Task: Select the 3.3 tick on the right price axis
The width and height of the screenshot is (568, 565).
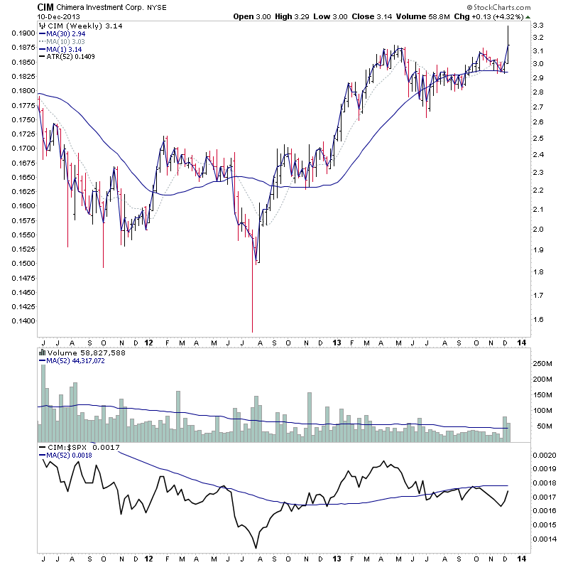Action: pos(537,26)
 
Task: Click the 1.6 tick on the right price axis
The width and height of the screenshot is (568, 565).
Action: pos(537,320)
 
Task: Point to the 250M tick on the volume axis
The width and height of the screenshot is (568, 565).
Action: pos(543,364)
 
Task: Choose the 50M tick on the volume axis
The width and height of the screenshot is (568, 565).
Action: pos(543,426)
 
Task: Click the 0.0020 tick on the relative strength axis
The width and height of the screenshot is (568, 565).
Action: pos(545,454)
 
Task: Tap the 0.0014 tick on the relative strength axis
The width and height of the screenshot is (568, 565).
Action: pos(545,539)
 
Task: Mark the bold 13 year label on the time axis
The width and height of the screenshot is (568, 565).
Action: pos(336,343)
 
